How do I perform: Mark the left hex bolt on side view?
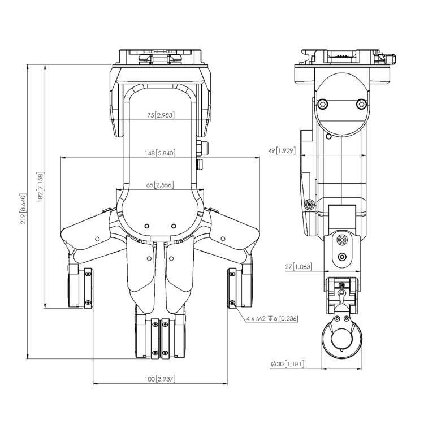click(x=322, y=103)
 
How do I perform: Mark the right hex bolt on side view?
click(x=361, y=103)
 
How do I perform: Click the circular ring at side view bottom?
click(x=341, y=340)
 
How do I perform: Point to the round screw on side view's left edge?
click(x=308, y=204)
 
